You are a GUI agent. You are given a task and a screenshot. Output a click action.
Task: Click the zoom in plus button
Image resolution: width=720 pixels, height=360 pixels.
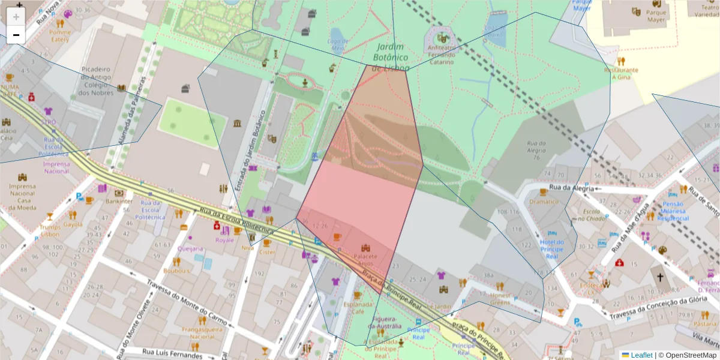(16, 17)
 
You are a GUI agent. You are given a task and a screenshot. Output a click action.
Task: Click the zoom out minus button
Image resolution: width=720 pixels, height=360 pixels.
(16, 35)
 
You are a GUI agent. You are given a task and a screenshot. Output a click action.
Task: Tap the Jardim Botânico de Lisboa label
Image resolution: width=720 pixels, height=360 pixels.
(390, 58)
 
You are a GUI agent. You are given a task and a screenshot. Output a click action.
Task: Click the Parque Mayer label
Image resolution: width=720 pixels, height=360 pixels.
(656, 16)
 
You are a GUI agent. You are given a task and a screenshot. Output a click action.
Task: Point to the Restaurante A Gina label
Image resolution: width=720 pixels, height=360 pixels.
(621, 73)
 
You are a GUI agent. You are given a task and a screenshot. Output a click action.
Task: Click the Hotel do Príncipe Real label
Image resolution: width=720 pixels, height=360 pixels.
(551, 250)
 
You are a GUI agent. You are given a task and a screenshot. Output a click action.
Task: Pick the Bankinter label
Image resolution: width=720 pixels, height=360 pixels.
(119, 202)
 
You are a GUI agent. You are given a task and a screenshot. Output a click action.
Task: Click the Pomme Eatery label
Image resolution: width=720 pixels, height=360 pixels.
(60, 35)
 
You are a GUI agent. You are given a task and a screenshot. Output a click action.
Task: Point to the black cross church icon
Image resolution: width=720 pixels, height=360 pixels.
(660, 278)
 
